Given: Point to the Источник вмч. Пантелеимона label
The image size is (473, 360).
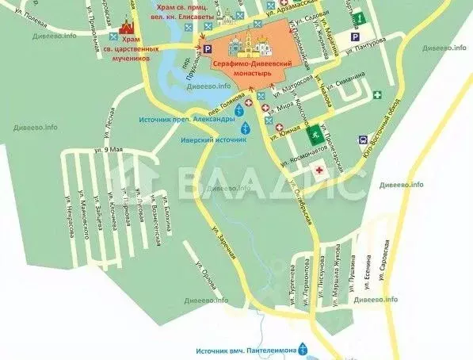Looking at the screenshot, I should pyautogui.click(x=243, y=350).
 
